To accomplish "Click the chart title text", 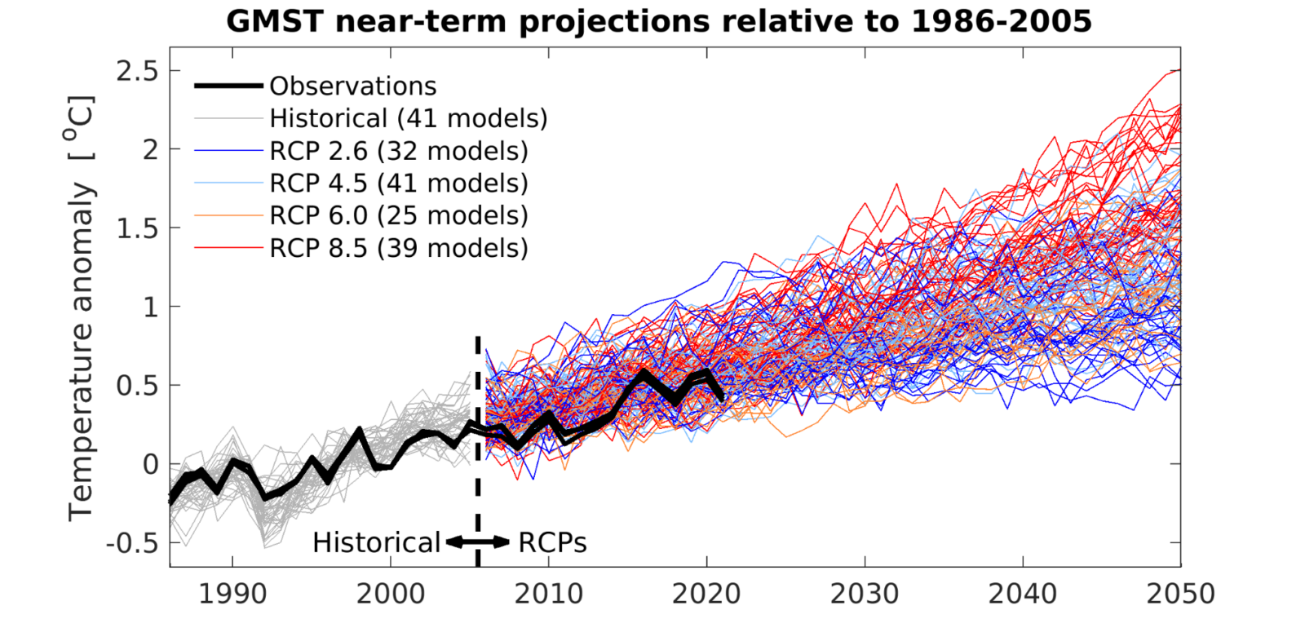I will point(658,21).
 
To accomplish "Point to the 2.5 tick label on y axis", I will point(137,72).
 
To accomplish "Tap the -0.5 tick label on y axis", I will point(132,543).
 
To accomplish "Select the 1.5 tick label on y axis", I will point(137,229).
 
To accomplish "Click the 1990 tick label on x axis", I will point(232,594).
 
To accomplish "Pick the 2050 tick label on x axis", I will point(1179,594).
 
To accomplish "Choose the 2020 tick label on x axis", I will point(706,594).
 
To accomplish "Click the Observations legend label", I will point(352,86).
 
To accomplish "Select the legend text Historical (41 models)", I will point(408,119).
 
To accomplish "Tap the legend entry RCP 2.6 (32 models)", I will point(398,151).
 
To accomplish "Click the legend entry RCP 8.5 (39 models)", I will point(398,248).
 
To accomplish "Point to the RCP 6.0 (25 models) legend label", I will point(398,215).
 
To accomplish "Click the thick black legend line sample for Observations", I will point(228,86).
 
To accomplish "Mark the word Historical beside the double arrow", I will point(376,542).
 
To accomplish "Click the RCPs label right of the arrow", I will point(552,542).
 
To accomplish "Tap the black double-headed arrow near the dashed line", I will point(478,542).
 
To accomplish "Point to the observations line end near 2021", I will point(721,397).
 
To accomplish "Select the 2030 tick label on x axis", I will point(865,594).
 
